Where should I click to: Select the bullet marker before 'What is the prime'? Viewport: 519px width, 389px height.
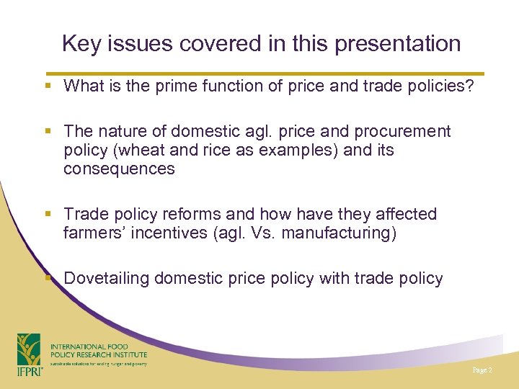[x=48, y=86]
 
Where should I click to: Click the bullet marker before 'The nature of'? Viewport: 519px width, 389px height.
[x=48, y=132]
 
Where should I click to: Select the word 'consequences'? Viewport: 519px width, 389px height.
[x=119, y=169]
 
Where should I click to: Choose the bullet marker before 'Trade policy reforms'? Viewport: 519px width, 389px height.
[x=48, y=215]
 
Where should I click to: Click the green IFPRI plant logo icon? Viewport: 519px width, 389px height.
[x=29, y=349]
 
